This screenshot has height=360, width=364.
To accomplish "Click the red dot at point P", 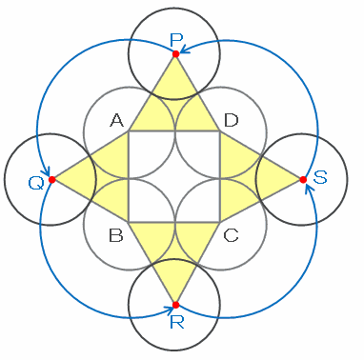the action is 175,54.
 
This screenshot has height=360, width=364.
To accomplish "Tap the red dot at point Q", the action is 52,180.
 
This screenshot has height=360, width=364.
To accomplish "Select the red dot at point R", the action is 175,305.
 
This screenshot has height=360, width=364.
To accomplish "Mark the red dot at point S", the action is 303,180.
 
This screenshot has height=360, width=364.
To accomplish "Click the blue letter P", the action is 176,40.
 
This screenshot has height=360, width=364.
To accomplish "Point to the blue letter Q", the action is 36,184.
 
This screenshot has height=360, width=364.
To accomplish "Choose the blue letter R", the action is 176,322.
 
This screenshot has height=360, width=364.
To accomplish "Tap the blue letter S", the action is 319,178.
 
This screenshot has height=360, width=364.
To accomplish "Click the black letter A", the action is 116,120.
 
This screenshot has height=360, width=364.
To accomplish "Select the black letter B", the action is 116,236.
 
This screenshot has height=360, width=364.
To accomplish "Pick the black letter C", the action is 231,236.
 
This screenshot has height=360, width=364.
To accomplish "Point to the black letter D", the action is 231,120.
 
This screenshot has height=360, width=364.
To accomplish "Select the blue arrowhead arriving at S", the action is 309,188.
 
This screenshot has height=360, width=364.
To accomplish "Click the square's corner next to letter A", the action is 129,130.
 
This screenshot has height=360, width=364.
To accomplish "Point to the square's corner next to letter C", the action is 219,222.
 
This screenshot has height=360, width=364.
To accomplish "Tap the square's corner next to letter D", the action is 219,130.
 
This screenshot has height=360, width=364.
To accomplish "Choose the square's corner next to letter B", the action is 129,222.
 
